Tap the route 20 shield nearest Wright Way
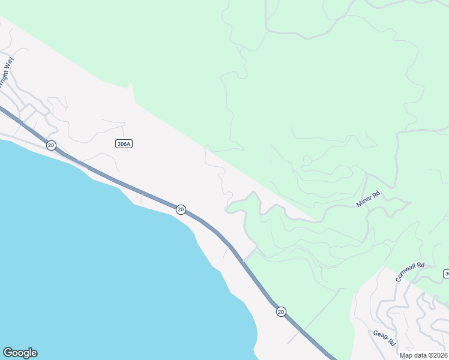51,145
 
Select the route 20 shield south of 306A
181,209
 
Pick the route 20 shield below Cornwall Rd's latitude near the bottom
281,311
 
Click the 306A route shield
123,144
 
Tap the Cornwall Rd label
410,272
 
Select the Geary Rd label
384,338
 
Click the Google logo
20,353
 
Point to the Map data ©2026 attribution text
423,355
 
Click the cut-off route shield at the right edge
446,274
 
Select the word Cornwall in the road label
407,275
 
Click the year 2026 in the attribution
439,355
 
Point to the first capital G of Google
7,353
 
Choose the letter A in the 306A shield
128,144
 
